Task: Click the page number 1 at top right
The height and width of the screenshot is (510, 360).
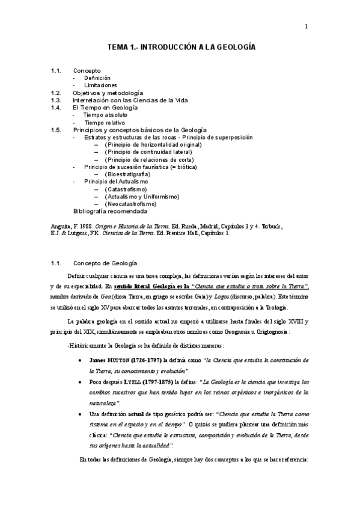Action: (306, 26)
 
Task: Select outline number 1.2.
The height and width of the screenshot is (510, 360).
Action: (56, 93)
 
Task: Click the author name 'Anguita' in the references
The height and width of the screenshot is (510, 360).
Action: (61, 227)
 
